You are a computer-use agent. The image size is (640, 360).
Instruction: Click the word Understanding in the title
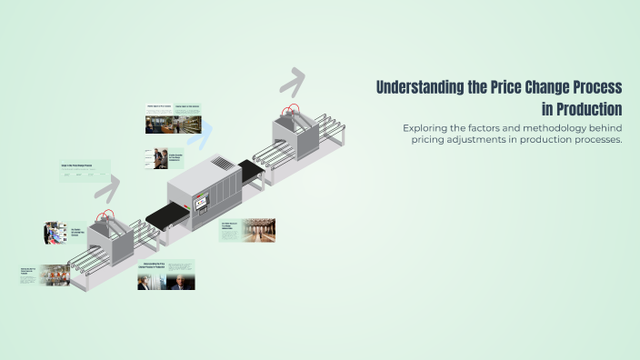pos(420,87)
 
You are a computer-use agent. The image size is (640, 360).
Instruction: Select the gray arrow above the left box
pos(107,189)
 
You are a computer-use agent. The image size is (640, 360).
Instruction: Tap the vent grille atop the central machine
pos(222,164)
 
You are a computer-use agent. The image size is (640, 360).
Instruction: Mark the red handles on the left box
pos(107,218)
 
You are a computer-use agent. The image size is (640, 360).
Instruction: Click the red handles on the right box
pos(291,111)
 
